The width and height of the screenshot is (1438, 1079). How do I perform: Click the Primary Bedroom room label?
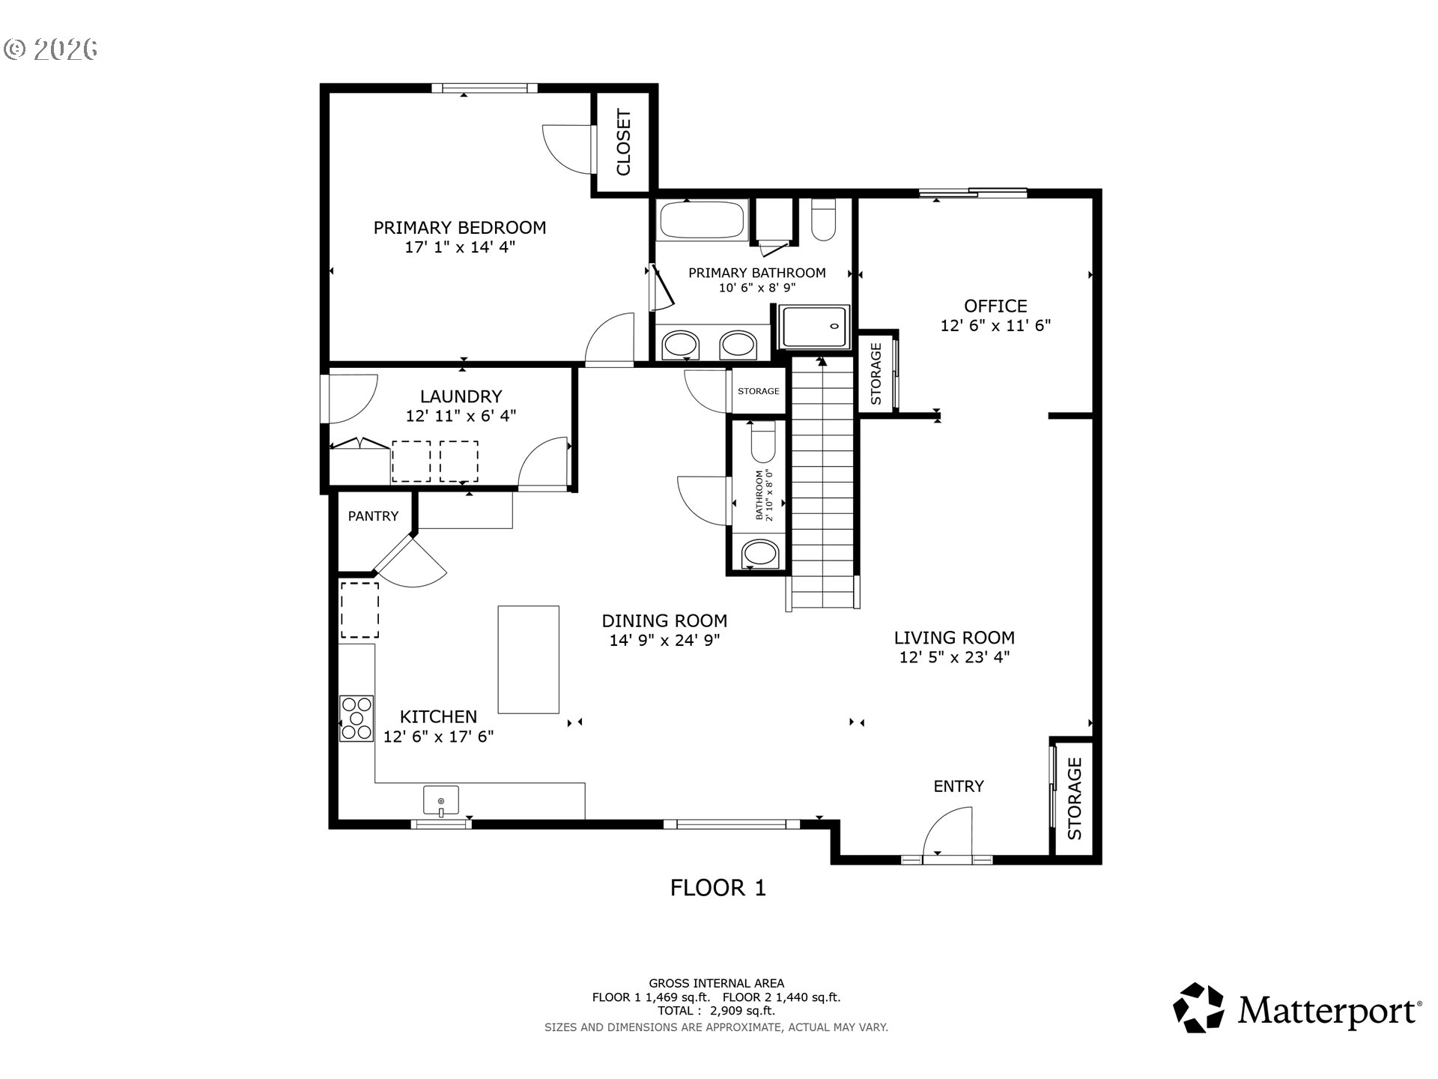point(459,228)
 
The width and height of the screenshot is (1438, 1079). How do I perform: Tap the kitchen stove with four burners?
point(357,719)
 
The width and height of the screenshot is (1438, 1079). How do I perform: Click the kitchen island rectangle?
point(528,659)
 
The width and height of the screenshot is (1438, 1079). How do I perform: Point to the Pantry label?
point(373,516)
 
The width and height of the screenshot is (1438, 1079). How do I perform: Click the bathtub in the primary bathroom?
point(703,220)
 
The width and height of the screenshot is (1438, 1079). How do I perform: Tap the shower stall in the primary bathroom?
point(814,327)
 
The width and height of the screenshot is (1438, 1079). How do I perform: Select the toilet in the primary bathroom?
point(823,220)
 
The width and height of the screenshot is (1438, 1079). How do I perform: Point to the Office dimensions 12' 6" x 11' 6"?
point(995,326)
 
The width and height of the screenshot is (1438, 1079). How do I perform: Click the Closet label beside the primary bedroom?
point(623,142)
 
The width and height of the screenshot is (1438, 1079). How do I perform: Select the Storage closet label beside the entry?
point(1074,799)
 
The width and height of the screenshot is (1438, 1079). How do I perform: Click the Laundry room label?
point(461,396)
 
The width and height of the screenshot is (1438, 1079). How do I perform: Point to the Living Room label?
point(954,638)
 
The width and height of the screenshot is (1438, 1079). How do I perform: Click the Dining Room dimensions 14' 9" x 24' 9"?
point(664,641)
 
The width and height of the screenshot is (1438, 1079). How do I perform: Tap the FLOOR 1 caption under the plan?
point(718,888)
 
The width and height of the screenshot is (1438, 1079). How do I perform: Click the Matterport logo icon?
point(1198,1008)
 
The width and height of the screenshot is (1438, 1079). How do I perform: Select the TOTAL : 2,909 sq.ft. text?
point(716,1011)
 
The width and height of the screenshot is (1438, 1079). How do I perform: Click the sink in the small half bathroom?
point(759,555)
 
